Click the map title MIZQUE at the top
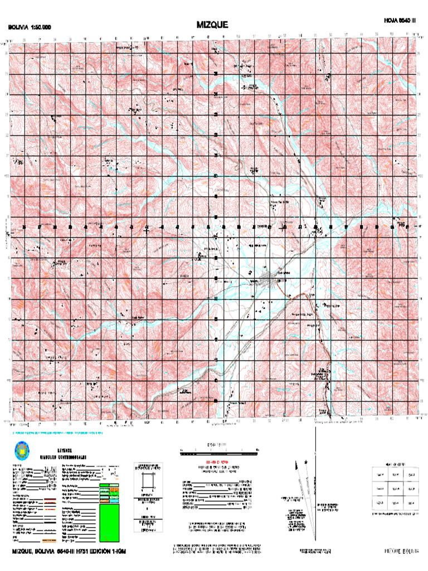212,25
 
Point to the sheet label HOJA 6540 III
400,20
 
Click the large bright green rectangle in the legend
109,522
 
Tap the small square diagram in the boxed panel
148,481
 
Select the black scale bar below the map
217,454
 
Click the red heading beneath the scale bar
216,463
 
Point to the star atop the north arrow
305,462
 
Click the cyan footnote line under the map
56,433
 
